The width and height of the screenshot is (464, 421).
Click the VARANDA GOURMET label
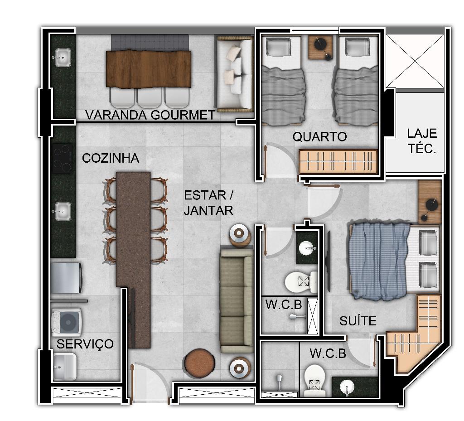[x=150, y=115]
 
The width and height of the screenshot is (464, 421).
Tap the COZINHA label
[x=111, y=158]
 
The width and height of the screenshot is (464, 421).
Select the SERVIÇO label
[x=85, y=344]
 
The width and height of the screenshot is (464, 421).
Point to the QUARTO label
[x=319, y=137]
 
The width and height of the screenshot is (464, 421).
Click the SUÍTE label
[x=358, y=321]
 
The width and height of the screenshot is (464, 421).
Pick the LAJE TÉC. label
[x=422, y=141]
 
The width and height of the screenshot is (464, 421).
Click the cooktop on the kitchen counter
[x=63, y=159]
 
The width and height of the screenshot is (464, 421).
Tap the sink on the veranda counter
[x=62, y=58]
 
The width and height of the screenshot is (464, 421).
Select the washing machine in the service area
[x=66, y=323]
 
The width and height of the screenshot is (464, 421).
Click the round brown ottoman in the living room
[x=200, y=363]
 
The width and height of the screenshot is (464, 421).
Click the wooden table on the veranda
[x=149, y=69]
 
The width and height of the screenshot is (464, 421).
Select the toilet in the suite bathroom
[x=315, y=381]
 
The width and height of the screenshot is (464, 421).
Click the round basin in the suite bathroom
[x=347, y=387]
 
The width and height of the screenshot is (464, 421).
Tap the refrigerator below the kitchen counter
[x=66, y=278]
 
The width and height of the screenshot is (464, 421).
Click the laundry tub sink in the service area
[x=64, y=367]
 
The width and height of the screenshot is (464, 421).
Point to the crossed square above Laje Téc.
[x=415, y=61]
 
